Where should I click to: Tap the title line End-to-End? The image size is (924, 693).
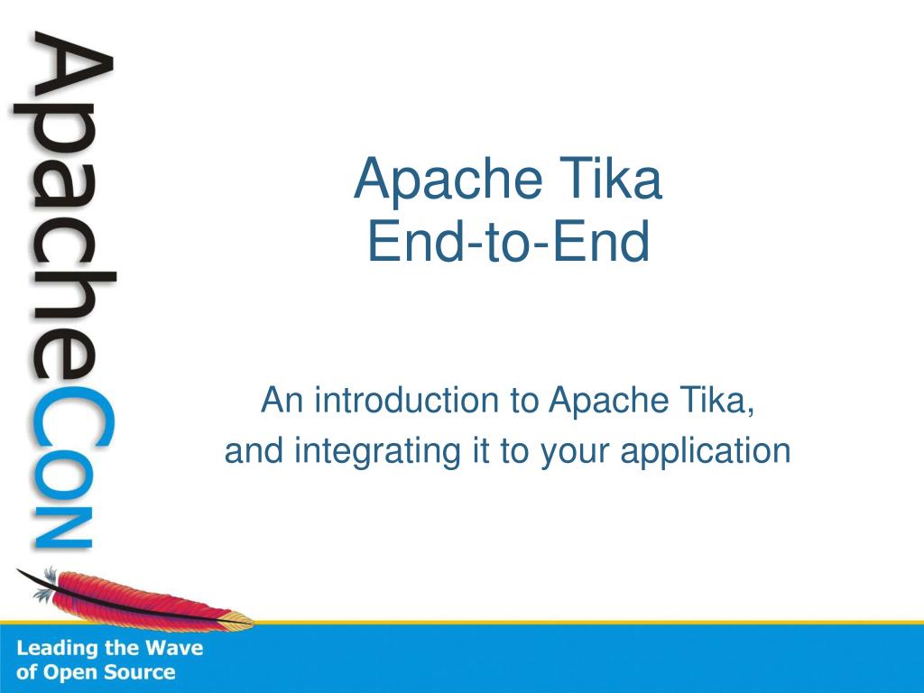(508, 242)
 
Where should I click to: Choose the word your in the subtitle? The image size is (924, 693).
(574, 451)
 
